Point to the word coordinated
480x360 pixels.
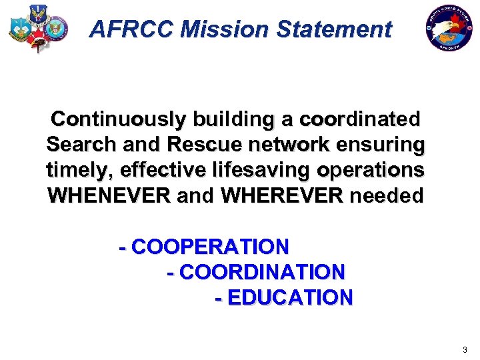click(360, 119)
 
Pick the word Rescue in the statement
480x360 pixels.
click(203, 145)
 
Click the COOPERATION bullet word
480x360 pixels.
click(210, 247)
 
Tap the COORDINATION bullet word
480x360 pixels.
click(262, 272)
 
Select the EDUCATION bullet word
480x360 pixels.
click(289, 297)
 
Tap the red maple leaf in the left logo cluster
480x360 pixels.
click(37, 36)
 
